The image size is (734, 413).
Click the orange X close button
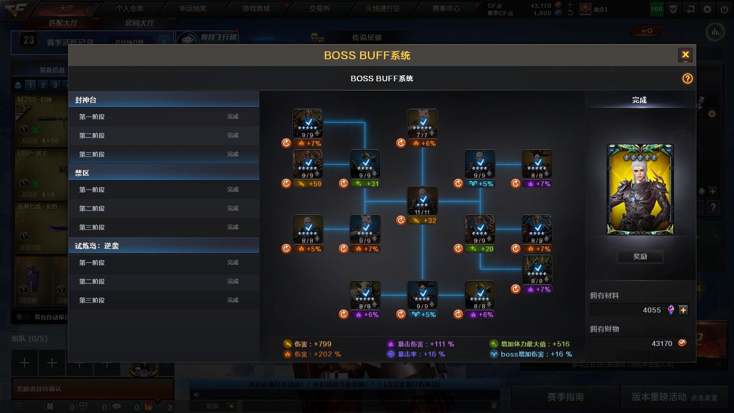[685, 55]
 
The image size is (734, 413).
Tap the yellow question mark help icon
[687, 78]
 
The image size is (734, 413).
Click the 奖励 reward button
[640, 257]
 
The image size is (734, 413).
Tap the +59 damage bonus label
[309, 184]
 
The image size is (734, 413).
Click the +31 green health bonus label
[366, 184]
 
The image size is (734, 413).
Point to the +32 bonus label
[423, 220]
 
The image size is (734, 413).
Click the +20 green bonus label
[481, 249]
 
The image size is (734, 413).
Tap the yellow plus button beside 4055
[683, 310]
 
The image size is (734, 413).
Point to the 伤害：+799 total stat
[307, 344]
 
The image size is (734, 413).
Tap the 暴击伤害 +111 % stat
[421, 344]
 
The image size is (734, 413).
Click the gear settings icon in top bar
[707, 9]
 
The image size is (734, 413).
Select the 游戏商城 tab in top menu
[256, 9]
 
